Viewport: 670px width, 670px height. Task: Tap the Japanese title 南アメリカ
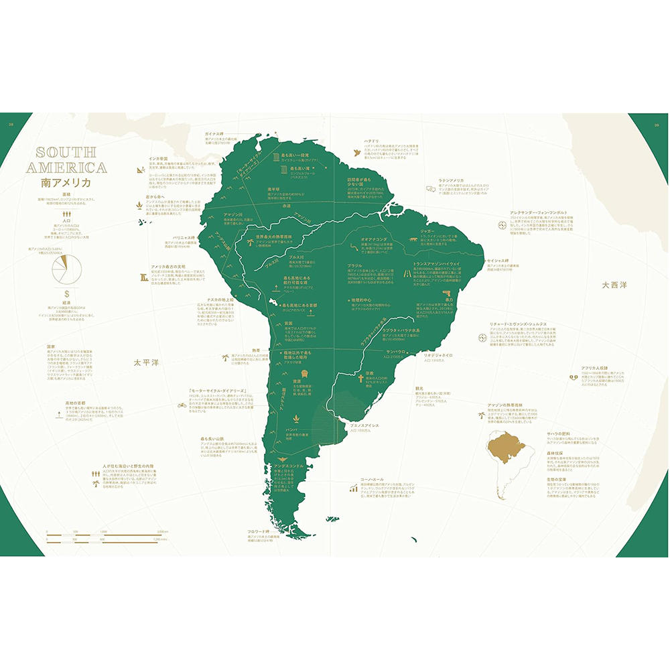click(69, 182)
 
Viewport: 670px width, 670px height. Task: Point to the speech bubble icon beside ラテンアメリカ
click(429, 188)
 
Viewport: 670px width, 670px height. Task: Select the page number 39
click(657, 123)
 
